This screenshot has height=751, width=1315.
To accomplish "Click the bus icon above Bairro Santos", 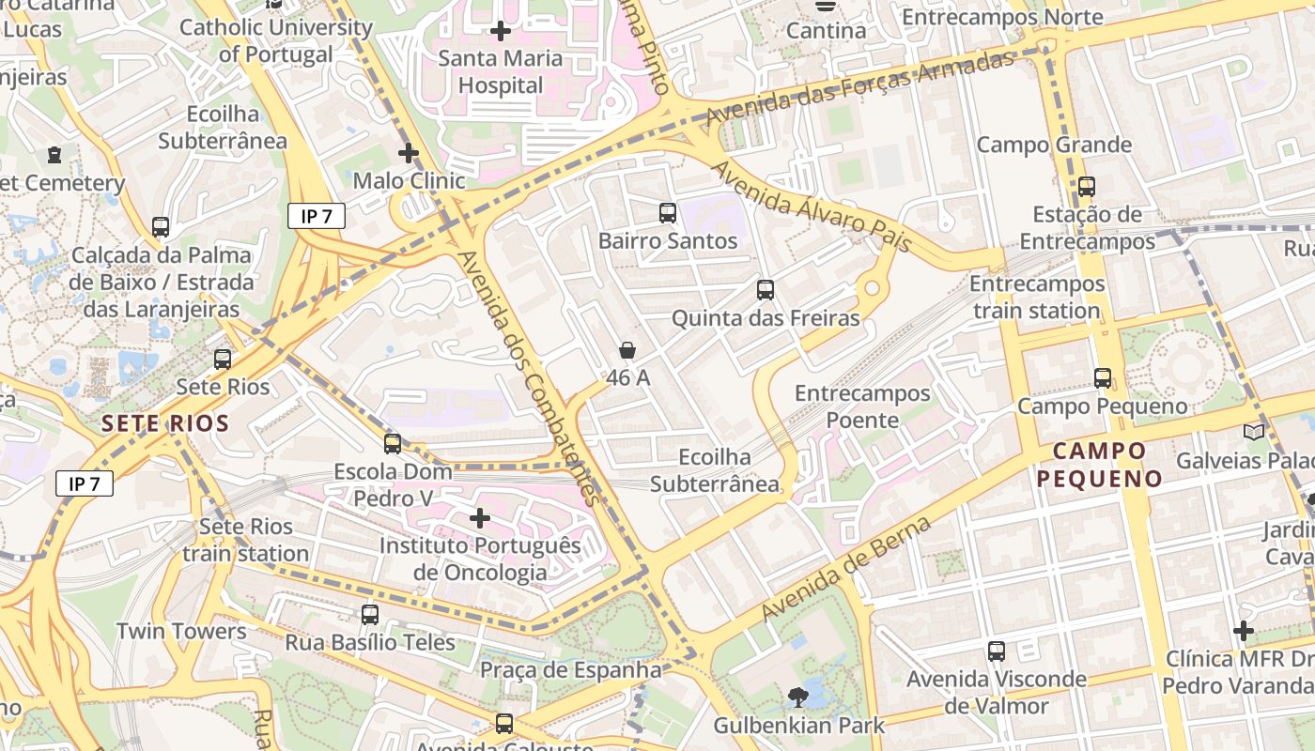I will coord(668,213).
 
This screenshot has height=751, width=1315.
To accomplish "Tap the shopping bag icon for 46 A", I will coord(627,350).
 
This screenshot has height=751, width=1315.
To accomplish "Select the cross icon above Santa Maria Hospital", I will coord(501,31).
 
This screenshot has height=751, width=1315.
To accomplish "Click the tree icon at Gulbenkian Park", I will coord(797,697).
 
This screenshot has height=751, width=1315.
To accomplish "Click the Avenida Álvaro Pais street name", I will coord(812,207).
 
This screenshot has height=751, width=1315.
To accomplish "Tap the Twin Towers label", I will coord(181,631).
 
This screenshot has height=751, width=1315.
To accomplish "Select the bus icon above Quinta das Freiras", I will coord(766,290).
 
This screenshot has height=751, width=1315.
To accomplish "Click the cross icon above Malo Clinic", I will coord(409,152).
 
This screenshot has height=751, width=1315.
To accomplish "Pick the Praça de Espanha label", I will coord(571,670).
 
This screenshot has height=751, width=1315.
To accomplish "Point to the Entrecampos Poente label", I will coord(862,406).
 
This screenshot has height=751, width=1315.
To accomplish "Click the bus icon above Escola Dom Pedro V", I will coord(393,443).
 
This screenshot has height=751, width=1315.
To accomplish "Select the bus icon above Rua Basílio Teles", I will coord(370,615).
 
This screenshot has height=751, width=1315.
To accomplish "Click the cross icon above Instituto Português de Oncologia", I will coord(480,517).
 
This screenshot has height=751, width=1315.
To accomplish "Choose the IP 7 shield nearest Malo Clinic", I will coord(317,217).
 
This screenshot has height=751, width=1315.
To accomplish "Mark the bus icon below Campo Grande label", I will coord(1087,187).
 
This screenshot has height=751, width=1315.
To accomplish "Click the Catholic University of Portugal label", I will coord(275,40).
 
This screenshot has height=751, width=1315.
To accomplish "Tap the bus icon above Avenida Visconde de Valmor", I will coord(997,651).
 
